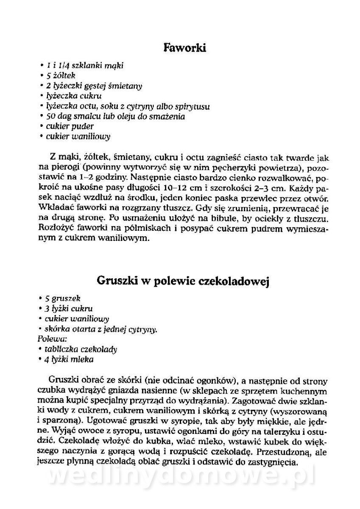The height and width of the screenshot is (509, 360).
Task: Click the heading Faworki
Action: click(x=184, y=48)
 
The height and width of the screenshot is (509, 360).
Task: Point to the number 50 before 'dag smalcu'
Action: click(x=52, y=116)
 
